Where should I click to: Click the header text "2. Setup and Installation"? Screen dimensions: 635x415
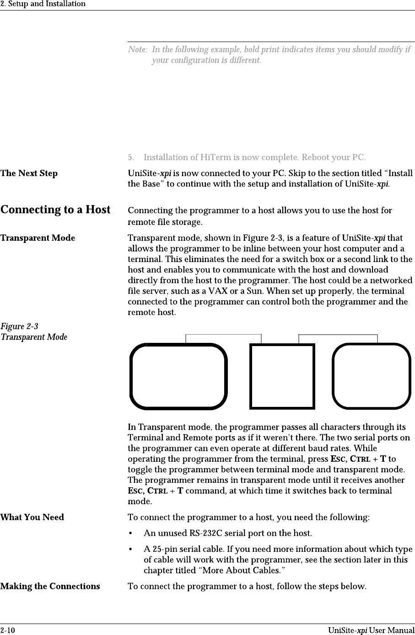(43, 4)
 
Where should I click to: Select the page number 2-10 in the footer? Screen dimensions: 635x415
(7, 630)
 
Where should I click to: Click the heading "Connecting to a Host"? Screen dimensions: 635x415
(55, 210)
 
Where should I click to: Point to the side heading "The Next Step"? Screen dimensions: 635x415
(29, 173)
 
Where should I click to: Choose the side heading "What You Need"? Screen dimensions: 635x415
(32, 518)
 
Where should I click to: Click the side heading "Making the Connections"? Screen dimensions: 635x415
(50, 586)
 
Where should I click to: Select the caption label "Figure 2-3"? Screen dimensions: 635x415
(19, 326)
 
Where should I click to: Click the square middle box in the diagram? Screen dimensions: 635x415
(282, 376)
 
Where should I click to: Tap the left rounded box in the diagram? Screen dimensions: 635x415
(178, 376)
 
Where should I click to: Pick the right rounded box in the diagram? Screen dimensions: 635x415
(371, 376)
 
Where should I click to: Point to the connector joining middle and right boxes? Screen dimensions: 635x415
(338, 335)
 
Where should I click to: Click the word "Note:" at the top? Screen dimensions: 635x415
(138, 49)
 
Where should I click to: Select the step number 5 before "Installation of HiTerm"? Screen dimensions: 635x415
(130, 158)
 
